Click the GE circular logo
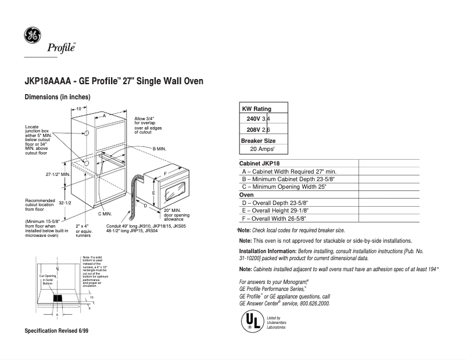click(x=32, y=35)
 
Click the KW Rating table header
click(x=256, y=109)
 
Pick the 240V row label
click(x=253, y=119)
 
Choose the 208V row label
click(x=253, y=129)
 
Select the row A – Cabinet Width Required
click(x=289, y=171)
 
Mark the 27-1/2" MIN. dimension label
click(x=58, y=174)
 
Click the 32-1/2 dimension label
click(x=64, y=203)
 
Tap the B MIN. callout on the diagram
click(x=159, y=149)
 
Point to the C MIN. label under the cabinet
click(x=105, y=214)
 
